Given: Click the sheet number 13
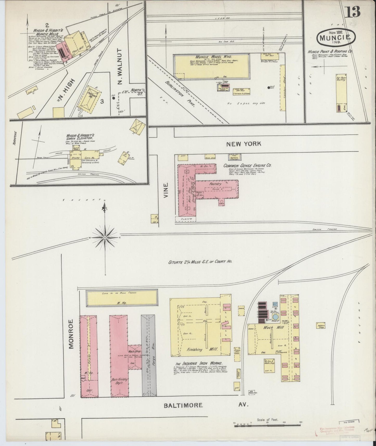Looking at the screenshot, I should [353, 12].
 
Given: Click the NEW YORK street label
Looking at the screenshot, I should [243, 144].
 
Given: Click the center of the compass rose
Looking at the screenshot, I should [105, 238].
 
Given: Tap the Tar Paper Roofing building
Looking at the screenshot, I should [339, 94].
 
